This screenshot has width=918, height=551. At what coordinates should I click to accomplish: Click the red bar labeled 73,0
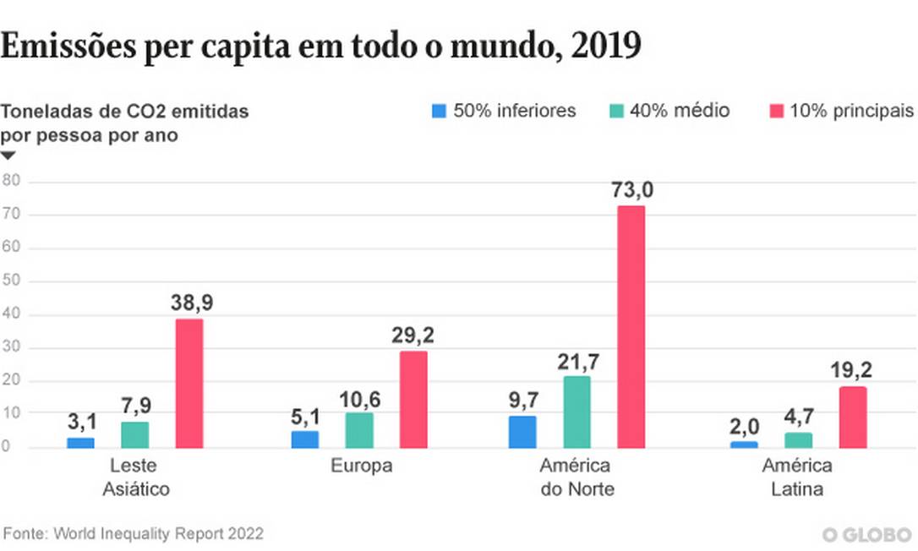(631, 326)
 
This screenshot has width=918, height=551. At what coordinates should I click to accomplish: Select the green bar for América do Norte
(576, 412)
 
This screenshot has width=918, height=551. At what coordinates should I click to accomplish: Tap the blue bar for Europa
(304, 439)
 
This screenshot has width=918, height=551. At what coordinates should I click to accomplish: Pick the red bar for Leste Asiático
(189, 383)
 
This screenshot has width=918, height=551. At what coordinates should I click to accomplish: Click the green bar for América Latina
(798, 440)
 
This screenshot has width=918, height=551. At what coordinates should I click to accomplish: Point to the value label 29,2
(413, 336)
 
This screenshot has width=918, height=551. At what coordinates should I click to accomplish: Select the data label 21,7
(577, 362)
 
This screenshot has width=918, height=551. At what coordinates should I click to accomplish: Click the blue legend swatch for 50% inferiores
(438, 112)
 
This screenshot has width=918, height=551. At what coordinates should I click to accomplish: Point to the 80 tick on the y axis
(11, 182)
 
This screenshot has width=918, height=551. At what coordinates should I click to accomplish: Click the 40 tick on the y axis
(11, 314)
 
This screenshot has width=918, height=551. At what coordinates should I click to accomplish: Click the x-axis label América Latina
(797, 477)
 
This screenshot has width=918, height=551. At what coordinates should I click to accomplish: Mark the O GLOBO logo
(866, 535)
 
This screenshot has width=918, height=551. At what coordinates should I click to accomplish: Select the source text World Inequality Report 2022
(159, 534)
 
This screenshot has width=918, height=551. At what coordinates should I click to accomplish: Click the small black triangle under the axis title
(8, 155)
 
